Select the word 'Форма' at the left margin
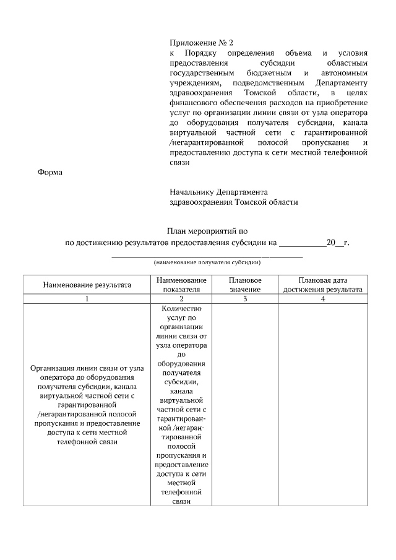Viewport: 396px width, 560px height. tap(51, 173)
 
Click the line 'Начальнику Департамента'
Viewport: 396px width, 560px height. tap(218, 192)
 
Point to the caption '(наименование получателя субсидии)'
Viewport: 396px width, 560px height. tap(207, 262)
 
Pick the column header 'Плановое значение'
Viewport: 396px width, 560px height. tap(245, 285)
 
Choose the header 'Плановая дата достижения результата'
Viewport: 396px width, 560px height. tap(323, 285)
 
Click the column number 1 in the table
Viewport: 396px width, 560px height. tap(87, 299)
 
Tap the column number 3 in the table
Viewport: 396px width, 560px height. tap(245, 299)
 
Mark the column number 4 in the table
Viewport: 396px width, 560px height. tap(323, 299)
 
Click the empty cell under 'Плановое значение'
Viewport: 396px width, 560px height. tap(245, 405)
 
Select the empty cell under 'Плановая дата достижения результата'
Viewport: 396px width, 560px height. tap(323, 405)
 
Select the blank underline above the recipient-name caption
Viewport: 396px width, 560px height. tap(207, 256)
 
